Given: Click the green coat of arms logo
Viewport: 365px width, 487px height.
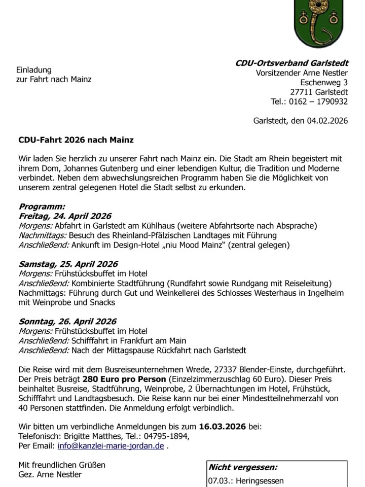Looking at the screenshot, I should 315,23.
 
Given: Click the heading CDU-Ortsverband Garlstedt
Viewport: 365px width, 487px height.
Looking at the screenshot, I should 291,63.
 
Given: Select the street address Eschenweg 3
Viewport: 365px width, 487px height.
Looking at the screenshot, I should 324,82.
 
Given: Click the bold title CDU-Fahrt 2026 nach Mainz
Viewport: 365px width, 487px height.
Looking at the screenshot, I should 76,139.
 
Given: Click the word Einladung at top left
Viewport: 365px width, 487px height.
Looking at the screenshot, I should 34,69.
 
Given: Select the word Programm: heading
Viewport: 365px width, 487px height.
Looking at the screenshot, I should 42,206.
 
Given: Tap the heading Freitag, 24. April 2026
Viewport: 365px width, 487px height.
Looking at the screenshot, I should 65,216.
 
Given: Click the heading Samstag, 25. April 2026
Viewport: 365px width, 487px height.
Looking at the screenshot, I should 68,264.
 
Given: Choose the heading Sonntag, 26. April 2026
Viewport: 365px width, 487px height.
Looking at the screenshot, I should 67,321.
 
